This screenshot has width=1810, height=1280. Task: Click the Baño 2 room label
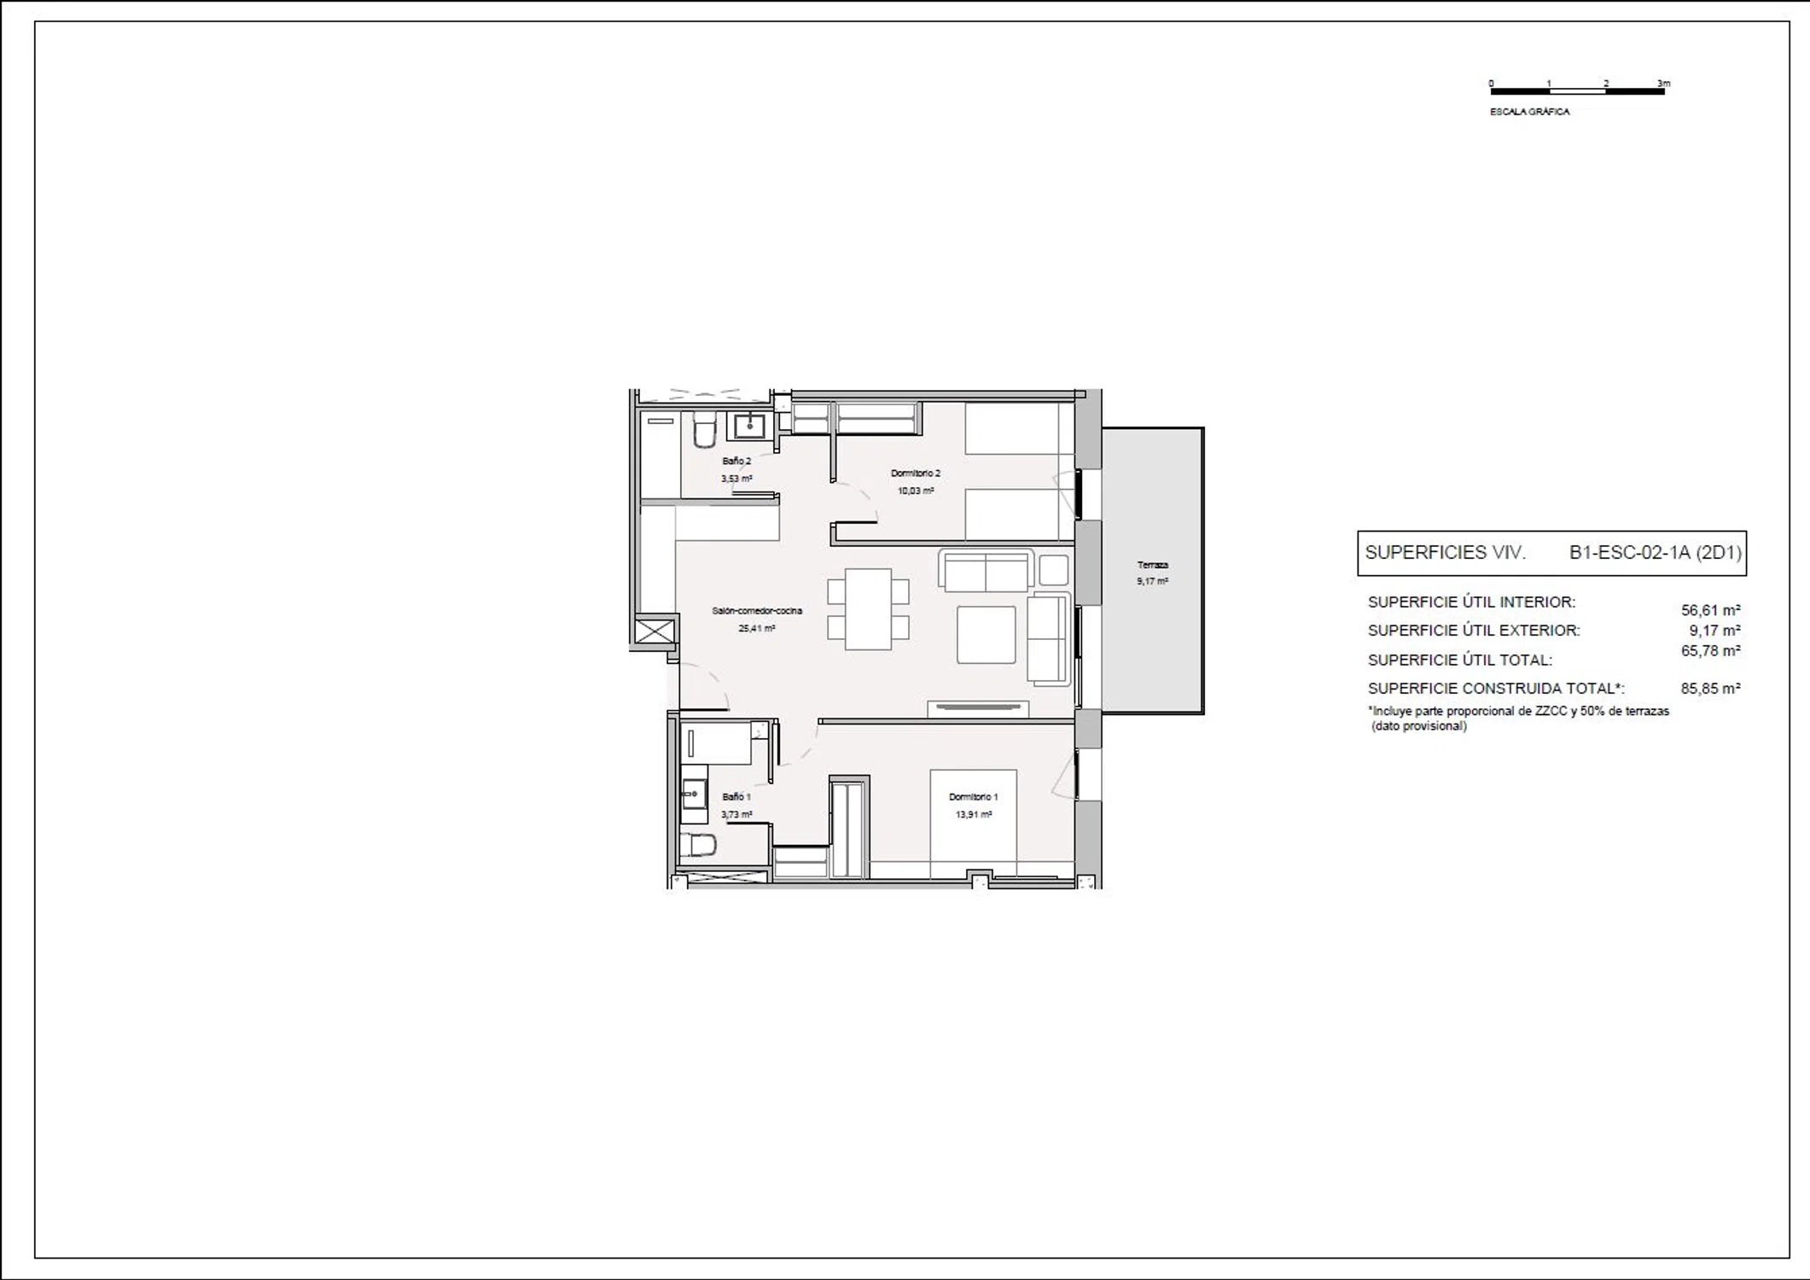(x=736, y=461)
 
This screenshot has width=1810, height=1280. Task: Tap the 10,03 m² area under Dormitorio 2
(x=916, y=491)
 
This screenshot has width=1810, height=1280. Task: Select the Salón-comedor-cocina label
(x=757, y=611)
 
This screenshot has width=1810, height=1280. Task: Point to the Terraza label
(x=1152, y=565)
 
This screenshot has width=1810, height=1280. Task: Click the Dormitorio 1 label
(x=973, y=797)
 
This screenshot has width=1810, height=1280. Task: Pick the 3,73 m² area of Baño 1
(x=736, y=815)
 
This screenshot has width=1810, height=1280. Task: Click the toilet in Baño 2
(x=703, y=430)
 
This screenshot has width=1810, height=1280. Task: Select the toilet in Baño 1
(x=697, y=845)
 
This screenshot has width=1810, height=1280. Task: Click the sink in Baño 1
(x=694, y=794)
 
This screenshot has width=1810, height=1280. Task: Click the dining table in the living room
(x=868, y=609)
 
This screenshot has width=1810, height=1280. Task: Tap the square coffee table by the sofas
(x=986, y=635)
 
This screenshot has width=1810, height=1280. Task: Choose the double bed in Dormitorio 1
(x=973, y=824)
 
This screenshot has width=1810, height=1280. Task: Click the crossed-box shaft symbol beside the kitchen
(x=655, y=631)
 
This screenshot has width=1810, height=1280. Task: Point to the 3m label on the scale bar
(x=1663, y=84)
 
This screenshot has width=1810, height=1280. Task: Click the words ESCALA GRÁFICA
(x=1529, y=112)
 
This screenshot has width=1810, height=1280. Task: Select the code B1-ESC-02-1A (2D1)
(x=1655, y=553)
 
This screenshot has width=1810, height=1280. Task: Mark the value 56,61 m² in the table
(x=1710, y=610)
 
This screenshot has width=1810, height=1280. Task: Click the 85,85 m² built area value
(x=1710, y=689)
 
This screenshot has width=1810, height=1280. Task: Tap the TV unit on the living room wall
(x=978, y=707)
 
